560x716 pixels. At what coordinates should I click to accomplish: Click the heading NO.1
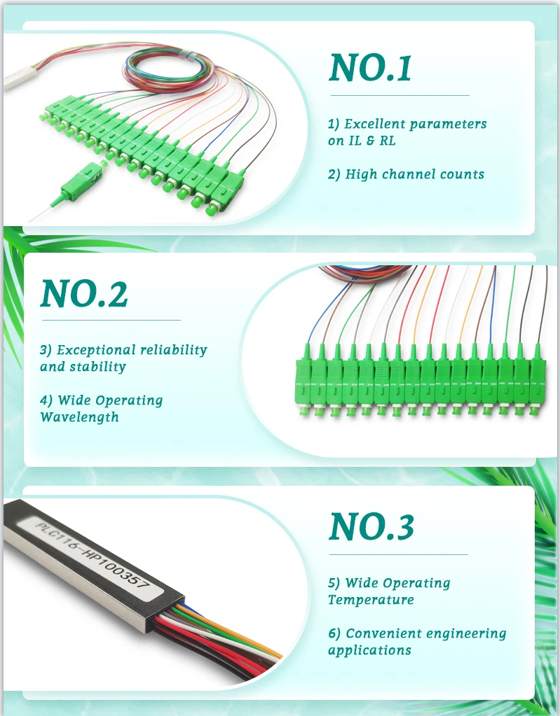tap(370, 68)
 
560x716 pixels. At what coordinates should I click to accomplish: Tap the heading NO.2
tap(84, 293)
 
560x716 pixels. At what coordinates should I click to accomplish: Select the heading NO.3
tap(371, 526)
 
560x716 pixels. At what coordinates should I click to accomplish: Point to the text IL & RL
tap(372, 141)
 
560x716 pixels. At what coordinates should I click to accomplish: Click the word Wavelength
tap(79, 417)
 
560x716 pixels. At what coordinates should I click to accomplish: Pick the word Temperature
tap(371, 600)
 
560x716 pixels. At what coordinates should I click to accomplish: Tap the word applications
tap(369, 650)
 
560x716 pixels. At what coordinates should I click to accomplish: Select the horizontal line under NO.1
tap(400, 95)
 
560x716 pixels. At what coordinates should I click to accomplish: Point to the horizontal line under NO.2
tap(111, 320)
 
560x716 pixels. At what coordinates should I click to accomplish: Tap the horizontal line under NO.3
tap(399, 554)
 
